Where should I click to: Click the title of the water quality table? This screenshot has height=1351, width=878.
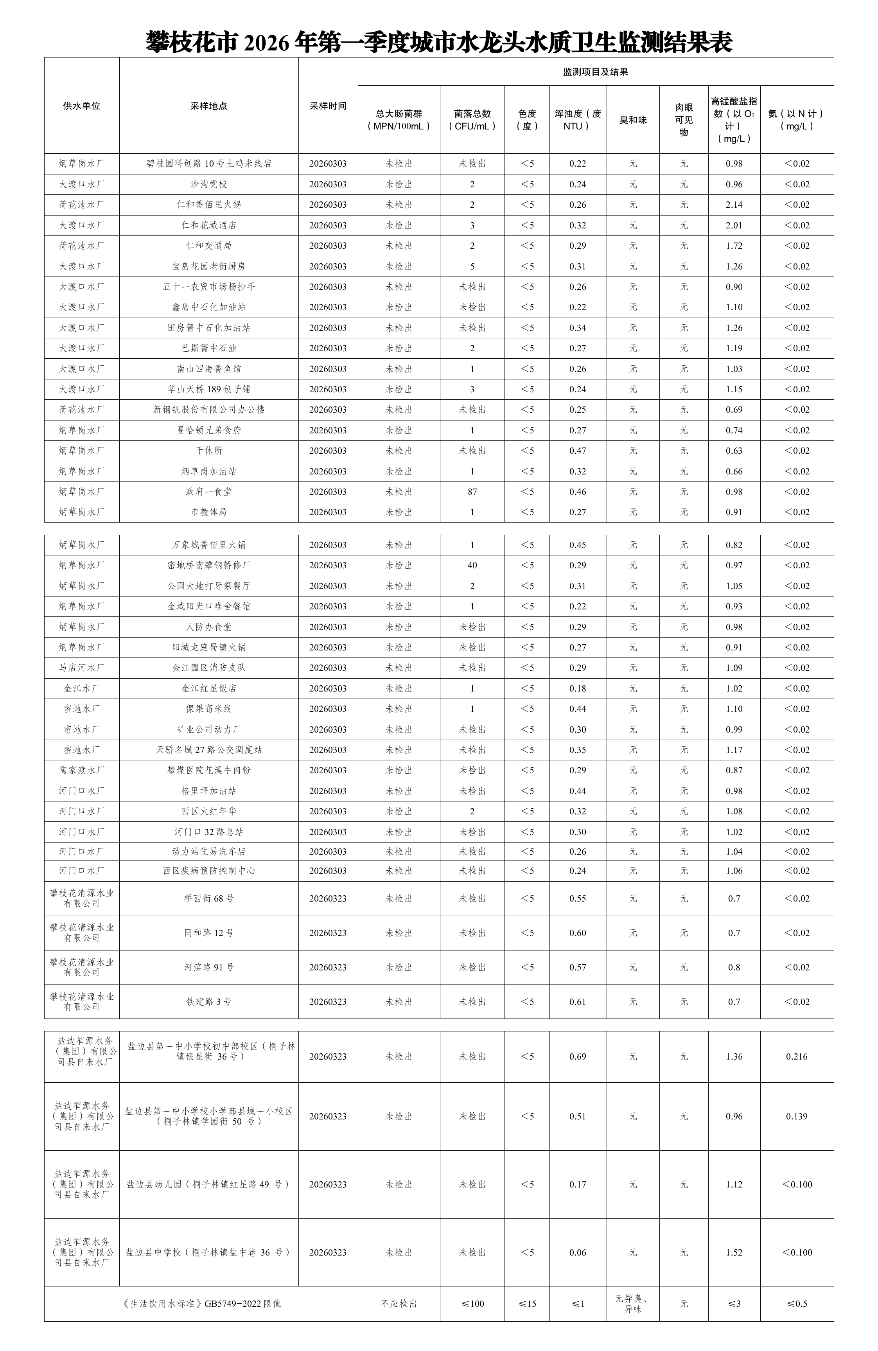439,41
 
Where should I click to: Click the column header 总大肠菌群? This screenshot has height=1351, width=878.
399,120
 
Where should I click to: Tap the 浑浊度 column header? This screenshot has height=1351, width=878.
577,120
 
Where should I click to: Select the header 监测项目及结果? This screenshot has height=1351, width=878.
595,72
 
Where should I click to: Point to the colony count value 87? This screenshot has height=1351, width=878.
472,492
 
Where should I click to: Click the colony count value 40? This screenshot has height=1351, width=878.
472,565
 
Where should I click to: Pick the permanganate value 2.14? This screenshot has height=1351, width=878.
734,204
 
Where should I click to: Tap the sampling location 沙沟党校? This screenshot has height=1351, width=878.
209,184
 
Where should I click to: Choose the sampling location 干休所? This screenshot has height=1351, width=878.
209,451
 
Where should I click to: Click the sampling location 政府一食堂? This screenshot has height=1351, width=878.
209,492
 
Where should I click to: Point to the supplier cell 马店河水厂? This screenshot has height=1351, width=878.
82,668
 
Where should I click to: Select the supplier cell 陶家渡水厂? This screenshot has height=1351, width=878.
82,770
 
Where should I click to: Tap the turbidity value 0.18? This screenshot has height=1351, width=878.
577,688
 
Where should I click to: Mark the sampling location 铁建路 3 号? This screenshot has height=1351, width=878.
209,1002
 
